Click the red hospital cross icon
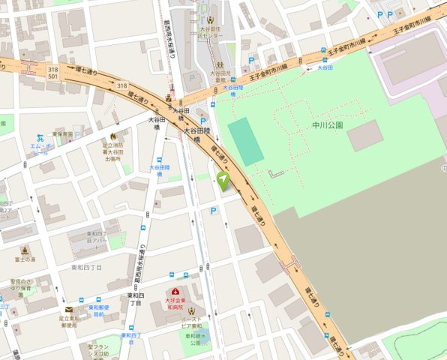tap(175, 292)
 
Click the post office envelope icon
tap(69, 309)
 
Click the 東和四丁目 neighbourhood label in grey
tap(87, 267)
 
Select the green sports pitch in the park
tap(246, 141)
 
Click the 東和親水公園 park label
tap(193, 340)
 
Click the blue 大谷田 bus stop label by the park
tap(325, 67)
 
